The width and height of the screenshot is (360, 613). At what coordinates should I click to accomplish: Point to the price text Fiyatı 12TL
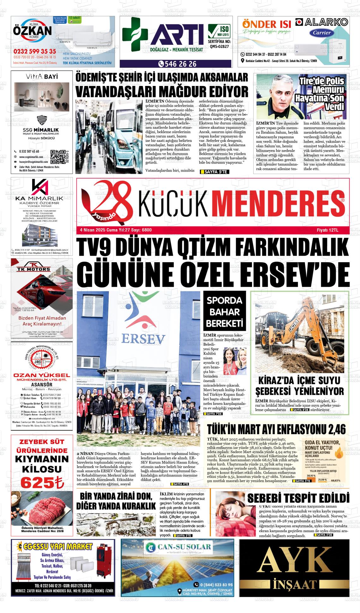pos(327,230)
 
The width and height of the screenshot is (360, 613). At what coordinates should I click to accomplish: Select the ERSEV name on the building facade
pos(143,339)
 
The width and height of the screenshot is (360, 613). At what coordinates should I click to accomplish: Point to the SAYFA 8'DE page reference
pos(301,410)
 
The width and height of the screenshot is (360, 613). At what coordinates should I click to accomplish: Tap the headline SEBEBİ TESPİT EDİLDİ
pos(298,498)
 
